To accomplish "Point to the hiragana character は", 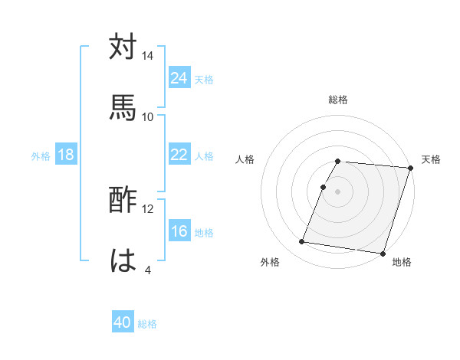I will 123,260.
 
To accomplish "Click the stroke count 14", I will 148,56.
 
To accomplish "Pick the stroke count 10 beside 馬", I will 148,116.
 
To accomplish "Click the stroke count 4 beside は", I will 148,270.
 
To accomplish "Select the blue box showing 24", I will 179,78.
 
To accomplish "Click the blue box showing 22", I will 179,155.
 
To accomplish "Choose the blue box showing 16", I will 179,231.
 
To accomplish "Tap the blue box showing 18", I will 66,155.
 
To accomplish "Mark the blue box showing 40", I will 123,323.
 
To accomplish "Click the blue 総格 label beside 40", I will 147,324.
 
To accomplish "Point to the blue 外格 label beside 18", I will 41,155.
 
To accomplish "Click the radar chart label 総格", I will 337,100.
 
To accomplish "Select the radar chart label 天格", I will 431,159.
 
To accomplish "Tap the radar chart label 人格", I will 245,159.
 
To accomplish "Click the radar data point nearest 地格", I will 383,253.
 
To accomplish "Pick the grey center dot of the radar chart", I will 337,191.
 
